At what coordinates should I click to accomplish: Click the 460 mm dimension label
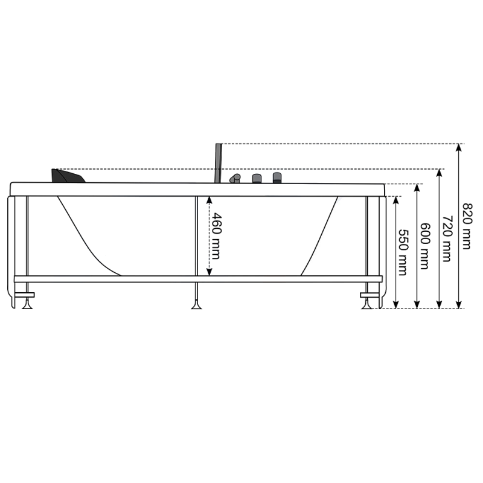[x=217, y=236]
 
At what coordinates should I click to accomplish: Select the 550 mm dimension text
[x=403, y=252]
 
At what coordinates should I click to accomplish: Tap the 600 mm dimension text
[x=424, y=246]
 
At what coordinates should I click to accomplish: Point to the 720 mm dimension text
[x=446, y=238]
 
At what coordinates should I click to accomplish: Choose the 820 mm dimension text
[x=467, y=226]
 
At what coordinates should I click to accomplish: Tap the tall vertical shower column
[x=219, y=162]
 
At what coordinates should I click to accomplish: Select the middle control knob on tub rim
[x=257, y=178]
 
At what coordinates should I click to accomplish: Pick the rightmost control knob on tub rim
[x=277, y=178]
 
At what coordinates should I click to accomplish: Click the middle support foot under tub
[x=196, y=304]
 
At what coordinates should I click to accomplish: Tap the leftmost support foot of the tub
[x=27, y=304]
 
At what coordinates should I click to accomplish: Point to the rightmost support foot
[x=367, y=304]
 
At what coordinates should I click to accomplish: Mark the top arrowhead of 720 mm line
[x=439, y=173]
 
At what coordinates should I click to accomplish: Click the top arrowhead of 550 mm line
[x=396, y=199]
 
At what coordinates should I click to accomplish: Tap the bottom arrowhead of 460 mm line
[x=210, y=273]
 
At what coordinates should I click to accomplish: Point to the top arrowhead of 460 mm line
[x=210, y=198]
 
